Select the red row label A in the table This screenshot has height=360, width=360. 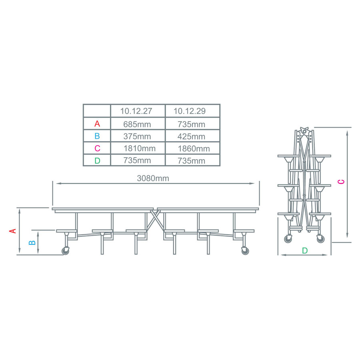point(97,124)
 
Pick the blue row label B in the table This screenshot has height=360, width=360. point(97,136)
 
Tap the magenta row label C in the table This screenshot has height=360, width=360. point(97,148)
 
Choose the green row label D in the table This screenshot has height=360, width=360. point(97,161)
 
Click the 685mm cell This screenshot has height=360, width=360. point(137,124)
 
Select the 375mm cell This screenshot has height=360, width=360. point(137,136)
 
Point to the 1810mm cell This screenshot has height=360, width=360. point(140,148)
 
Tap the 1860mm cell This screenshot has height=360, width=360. point(194,149)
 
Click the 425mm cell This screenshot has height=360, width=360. point(191,136)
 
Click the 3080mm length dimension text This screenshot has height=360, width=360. point(153,178)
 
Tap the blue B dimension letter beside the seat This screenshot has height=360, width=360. point(33,242)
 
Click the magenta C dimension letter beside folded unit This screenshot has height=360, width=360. point(341,182)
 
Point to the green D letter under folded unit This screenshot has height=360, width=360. point(305,251)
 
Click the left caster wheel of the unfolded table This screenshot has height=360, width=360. point(65,251)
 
